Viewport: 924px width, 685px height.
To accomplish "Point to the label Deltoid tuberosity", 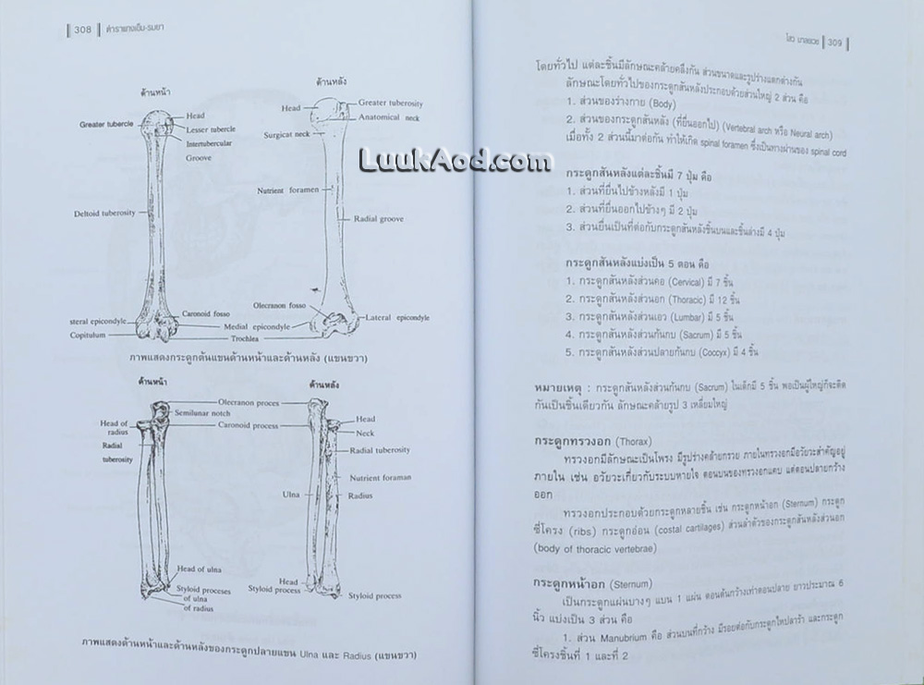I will (105, 214).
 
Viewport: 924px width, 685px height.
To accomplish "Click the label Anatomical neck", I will (390, 116).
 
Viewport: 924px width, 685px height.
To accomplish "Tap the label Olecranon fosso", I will (282, 305).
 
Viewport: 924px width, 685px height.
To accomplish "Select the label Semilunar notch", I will (221, 413).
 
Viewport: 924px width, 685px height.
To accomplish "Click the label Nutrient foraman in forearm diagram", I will (381, 478).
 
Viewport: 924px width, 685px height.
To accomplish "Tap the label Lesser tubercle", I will (211, 128).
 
